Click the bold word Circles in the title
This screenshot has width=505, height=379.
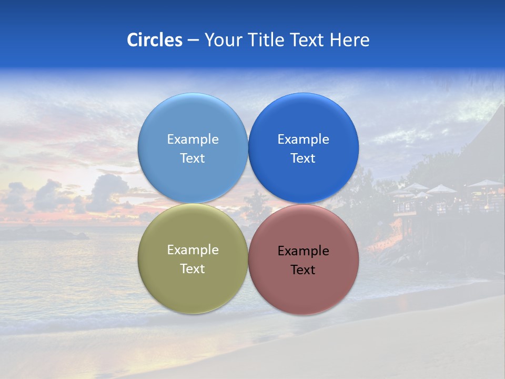click(154, 40)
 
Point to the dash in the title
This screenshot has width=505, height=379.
click(193, 41)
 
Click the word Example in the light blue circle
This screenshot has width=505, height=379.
click(193, 139)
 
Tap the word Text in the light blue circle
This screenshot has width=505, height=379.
click(193, 158)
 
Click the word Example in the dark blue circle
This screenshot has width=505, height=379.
click(303, 139)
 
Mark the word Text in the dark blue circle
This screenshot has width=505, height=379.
click(303, 158)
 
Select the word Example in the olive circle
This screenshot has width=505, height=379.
click(193, 250)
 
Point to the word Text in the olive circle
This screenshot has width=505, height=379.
click(193, 269)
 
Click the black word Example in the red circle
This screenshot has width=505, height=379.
click(303, 251)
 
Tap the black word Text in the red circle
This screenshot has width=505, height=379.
click(303, 270)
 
